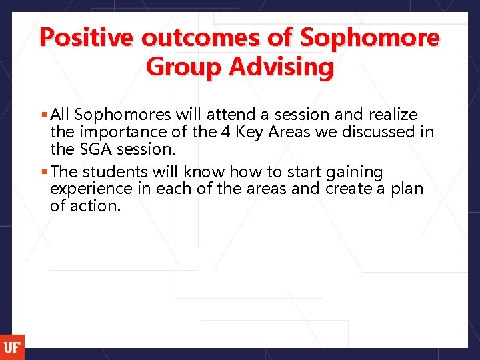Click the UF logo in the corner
click(x=11, y=347)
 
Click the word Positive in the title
click(x=88, y=37)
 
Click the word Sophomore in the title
click(x=370, y=37)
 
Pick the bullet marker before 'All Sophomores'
click(x=43, y=115)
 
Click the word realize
click(x=393, y=115)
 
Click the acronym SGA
click(x=97, y=149)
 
